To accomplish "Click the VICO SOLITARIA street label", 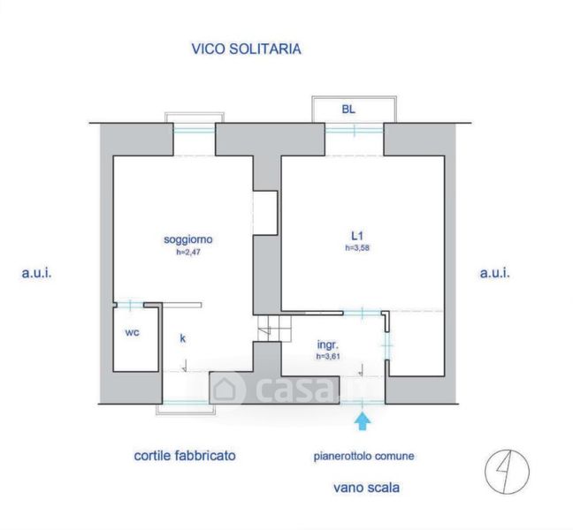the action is (247, 49).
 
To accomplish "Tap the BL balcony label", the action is (348, 110).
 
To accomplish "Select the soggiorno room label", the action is (188, 239).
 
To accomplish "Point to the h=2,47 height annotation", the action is (188, 252).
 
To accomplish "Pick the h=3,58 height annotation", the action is (357, 247).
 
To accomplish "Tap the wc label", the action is (132, 332).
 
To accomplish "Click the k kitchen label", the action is (183, 338).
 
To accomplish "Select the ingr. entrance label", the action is (328, 344).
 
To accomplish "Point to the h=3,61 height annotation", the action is (328, 356).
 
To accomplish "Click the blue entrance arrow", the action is (363, 421).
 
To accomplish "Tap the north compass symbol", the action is (507, 472).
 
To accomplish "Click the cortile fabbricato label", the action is (185, 456).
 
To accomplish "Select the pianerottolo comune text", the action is (363, 457).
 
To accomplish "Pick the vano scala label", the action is (366, 488).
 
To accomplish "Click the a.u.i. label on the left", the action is (36, 273).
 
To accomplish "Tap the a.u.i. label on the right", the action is (495, 273).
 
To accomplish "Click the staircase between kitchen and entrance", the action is (274, 329).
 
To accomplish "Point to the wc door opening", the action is (131, 305).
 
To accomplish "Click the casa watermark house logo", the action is (226, 389).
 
